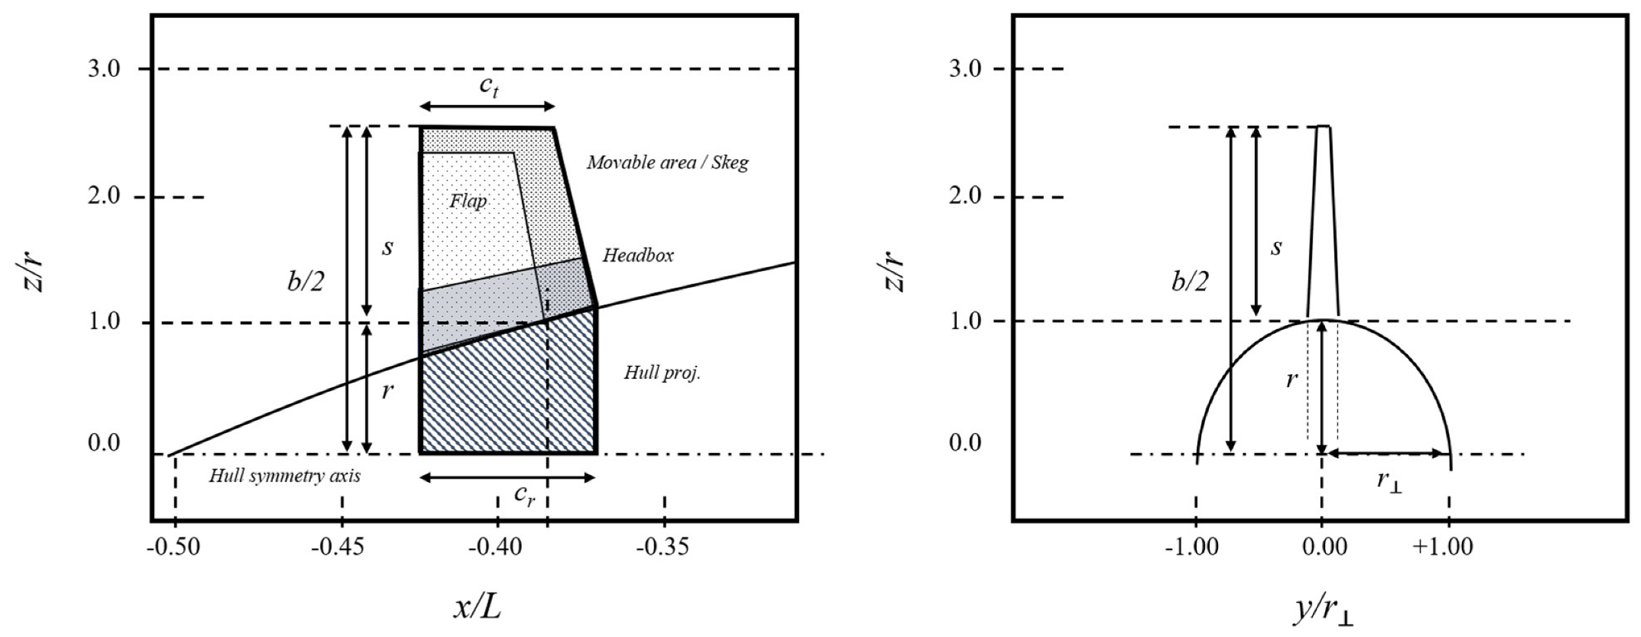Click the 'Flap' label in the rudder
tap(469, 201)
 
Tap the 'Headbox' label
tap(638, 255)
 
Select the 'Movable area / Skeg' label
tap(668, 163)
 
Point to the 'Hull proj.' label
tap(662, 373)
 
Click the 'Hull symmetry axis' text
tap(285, 476)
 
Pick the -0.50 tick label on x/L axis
tap(174, 547)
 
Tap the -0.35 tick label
tap(664, 547)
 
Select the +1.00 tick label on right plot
tap(1443, 547)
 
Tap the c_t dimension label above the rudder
tap(489, 87)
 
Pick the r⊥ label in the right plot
tap(1389, 481)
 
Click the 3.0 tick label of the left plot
tap(104, 69)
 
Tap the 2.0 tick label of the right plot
tap(966, 197)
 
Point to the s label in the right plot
tap(1276, 247)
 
